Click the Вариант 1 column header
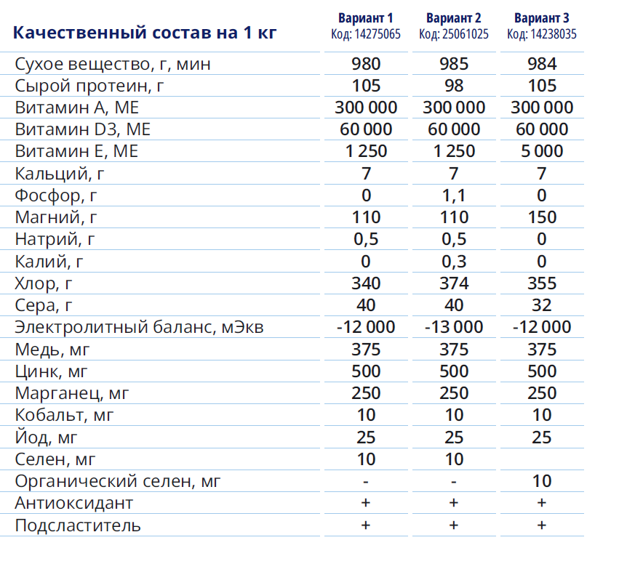366,18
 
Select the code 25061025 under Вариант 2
454,34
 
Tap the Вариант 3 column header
542,18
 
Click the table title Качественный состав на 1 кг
145,33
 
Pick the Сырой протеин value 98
454,86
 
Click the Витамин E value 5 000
542,151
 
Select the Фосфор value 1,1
454,195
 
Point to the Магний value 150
542,217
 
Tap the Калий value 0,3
454,261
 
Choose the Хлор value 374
454,283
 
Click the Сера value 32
542,305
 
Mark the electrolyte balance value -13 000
454,327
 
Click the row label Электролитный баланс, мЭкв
139,327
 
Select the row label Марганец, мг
72,393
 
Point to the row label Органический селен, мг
118,481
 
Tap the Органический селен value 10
542,481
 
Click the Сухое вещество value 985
454,64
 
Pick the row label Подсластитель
78,525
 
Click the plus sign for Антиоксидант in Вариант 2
454,503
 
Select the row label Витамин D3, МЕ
83,129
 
